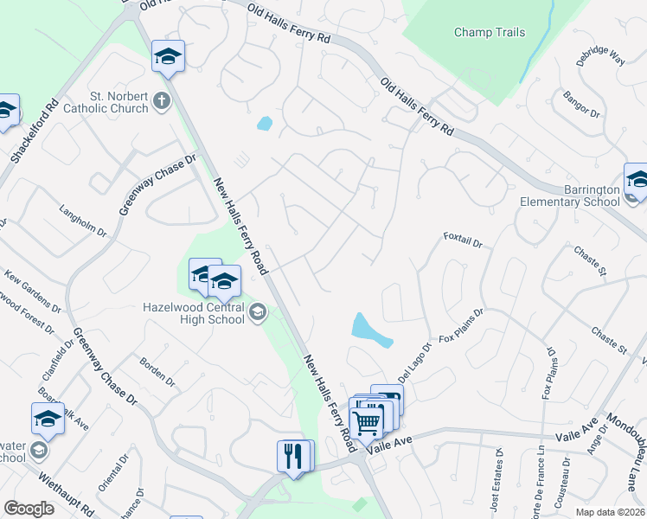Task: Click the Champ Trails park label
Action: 490,33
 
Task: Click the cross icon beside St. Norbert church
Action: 161,103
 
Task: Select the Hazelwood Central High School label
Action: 194,312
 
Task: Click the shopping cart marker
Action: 367,421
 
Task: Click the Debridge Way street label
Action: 601,56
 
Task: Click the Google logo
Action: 29,509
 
